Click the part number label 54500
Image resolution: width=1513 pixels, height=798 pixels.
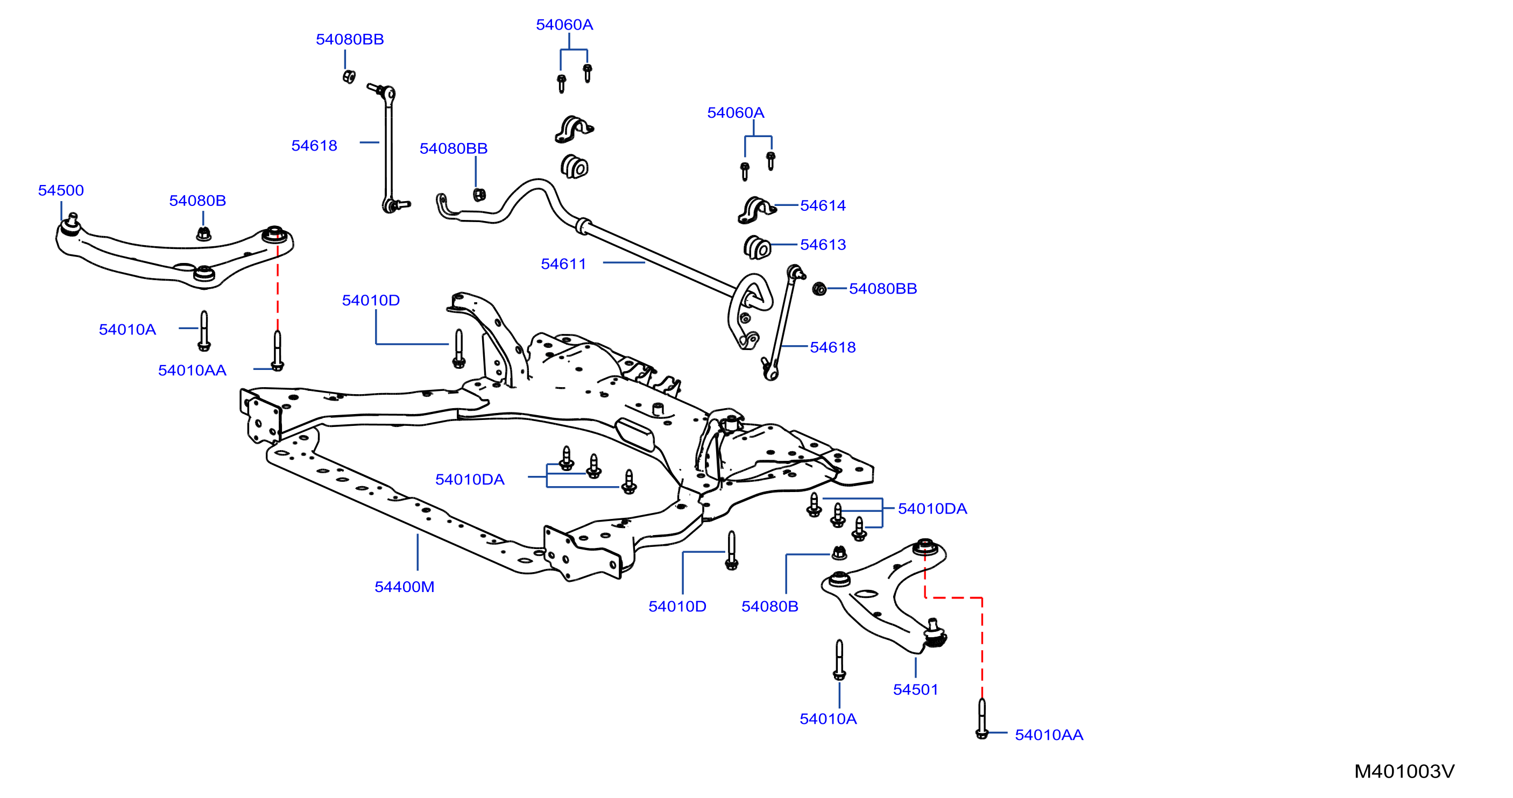tap(61, 190)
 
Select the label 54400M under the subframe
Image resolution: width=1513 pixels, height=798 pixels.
tap(405, 587)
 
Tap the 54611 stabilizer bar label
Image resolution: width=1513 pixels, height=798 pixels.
tap(563, 264)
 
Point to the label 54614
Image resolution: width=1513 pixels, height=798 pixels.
tap(823, 205)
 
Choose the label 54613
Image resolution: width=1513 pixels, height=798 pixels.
tap(823, 244)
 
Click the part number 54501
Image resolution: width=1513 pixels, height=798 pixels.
tap(916, 689)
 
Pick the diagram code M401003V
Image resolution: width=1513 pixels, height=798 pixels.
tap(1404, 771)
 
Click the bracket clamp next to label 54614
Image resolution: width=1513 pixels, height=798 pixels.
tap(756, 211)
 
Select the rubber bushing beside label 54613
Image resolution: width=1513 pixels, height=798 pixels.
tap(757, 247)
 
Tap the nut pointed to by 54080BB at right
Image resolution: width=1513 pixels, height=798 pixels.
tap(819, 288)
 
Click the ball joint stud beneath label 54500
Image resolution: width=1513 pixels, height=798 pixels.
tap(72, 222)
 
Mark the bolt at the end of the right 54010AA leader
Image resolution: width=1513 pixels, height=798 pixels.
tap(981, 719)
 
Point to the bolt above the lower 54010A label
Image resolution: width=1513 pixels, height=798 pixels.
tap(839, 660)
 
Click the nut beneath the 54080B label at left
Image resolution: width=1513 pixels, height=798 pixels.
tap(203, 234)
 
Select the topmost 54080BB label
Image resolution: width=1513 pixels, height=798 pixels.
tap(350, 39)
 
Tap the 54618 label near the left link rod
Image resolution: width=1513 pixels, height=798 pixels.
tap(314, 146)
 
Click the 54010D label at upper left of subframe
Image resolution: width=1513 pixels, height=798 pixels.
tap(371, 300)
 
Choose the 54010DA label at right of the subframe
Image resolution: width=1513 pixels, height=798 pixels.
tap(932, 509)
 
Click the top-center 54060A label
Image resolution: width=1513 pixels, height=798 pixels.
tap(564, 25)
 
